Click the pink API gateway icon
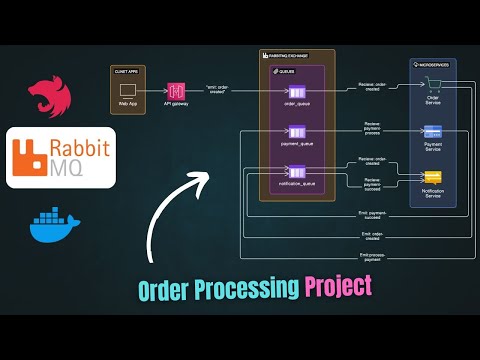[x=175, y=90]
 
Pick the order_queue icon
[x=297, y=92]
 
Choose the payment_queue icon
[x=297, y=132]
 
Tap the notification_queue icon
[x=297, y=172]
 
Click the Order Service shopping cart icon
[x=433, y=91]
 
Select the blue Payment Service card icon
[x=433, y=131]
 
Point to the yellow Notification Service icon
[x=433, y=176]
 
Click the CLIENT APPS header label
[x=126, y=71]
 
